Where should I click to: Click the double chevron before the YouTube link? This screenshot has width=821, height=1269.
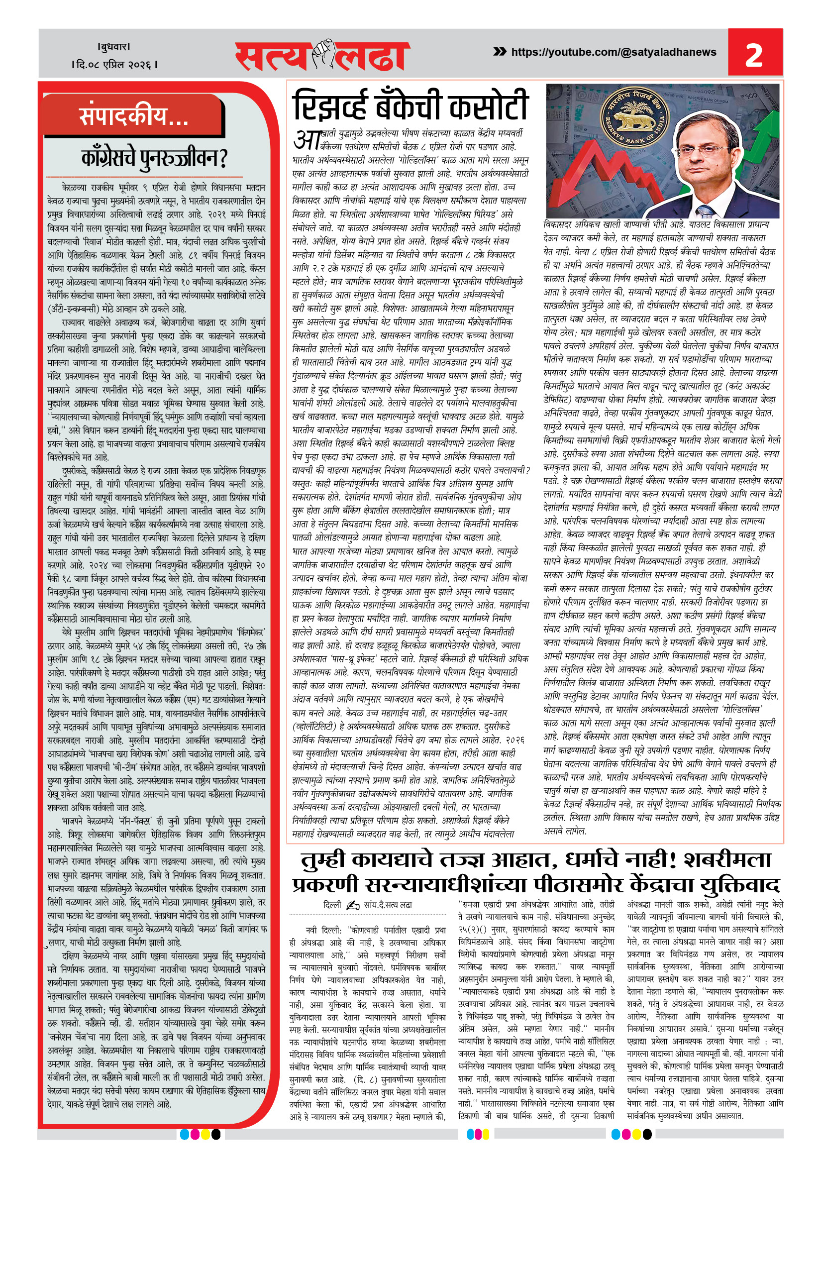tap(500, 52)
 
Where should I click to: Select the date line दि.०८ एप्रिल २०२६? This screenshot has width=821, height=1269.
tap(114, 65)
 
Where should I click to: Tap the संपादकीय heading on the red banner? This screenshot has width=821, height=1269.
tap(134, 116)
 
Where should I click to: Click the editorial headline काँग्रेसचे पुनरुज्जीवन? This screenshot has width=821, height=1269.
tap(154, 158)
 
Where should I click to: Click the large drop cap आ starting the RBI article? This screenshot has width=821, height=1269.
tap(306, 140)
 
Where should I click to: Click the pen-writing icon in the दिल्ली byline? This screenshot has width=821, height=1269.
tap(352, 905)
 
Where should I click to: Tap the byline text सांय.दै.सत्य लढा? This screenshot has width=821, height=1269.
tap(388, 905)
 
